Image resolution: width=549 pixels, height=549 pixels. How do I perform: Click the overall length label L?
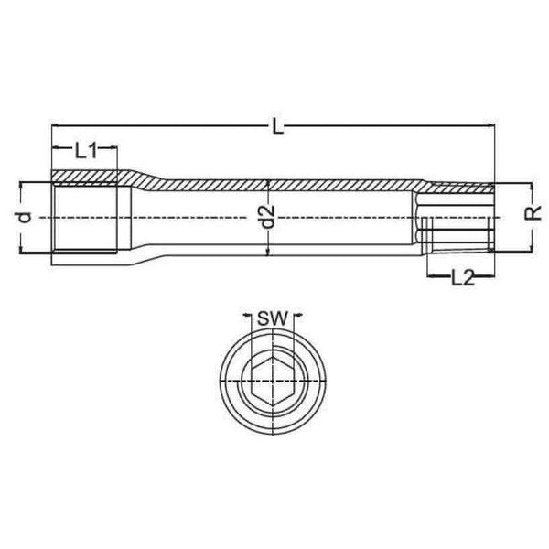coord(278,129)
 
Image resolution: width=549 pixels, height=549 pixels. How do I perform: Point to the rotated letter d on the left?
coord(26,217)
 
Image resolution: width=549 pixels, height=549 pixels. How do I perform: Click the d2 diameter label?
coord(266,218)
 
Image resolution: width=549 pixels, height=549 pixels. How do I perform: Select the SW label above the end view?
coord(270,319)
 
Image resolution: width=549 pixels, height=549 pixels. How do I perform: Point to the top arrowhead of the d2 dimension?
coord(266,183)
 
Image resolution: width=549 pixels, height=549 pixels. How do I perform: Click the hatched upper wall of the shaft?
coord(274,185)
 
